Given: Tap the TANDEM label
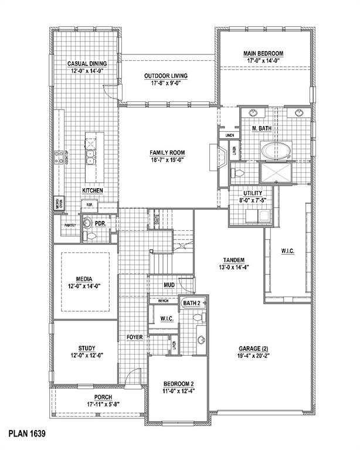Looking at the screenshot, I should pos(233,260).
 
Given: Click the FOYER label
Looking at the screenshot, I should pos(135,337).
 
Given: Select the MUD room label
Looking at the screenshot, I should pos(169,285).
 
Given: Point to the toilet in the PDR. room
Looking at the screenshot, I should pos(90,236).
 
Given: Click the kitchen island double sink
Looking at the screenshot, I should pos(91,157).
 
